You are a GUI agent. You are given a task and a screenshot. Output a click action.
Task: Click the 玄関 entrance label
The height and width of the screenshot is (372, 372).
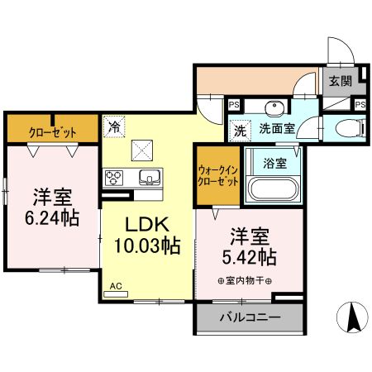point(339,81)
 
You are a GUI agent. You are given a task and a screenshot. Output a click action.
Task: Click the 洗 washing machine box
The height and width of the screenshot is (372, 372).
point(240,129)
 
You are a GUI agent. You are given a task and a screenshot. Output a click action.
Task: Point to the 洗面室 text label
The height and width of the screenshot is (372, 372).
point(275,129)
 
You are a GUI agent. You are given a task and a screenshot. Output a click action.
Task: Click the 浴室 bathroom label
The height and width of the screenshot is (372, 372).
point(275,163)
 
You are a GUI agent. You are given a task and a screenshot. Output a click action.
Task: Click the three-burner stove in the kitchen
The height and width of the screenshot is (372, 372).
point(113,179)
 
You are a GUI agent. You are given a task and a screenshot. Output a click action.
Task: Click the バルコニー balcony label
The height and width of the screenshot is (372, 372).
point(249,317)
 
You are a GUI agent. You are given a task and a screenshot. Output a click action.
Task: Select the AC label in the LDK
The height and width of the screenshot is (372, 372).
point(116,286)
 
